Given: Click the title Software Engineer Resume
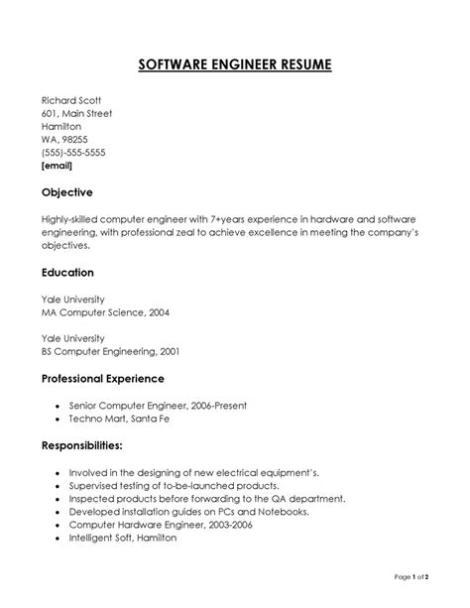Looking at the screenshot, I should [x=235, y=65].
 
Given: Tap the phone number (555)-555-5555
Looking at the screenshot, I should [x=73, y=152].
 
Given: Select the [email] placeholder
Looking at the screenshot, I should [x=57, y=166].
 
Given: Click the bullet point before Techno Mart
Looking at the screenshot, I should [x=59, y=420].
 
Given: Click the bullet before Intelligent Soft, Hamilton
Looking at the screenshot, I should [x=59, y=538].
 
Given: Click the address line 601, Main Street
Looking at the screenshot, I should [x=76, y=113].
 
